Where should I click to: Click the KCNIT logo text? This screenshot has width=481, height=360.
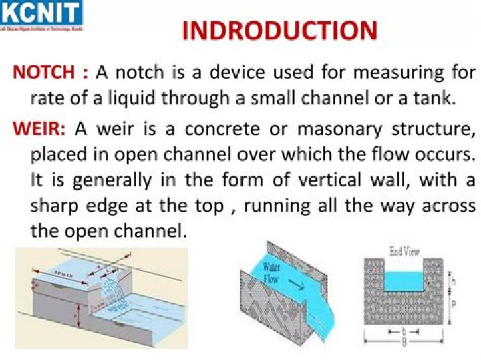(x=41, y=12)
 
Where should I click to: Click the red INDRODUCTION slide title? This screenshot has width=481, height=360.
(x=279, y=31)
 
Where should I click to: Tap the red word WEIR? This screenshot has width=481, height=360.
(x=38, y=127)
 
